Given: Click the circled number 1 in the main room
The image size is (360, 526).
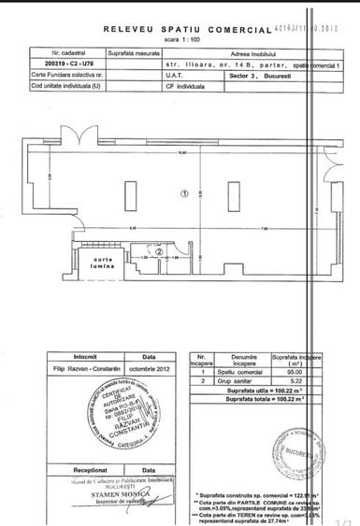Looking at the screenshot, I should pos(184,194).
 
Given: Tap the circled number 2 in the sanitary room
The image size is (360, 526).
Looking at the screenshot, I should pos(160,251).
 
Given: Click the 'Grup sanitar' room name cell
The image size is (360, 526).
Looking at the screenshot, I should pos(238,380).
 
